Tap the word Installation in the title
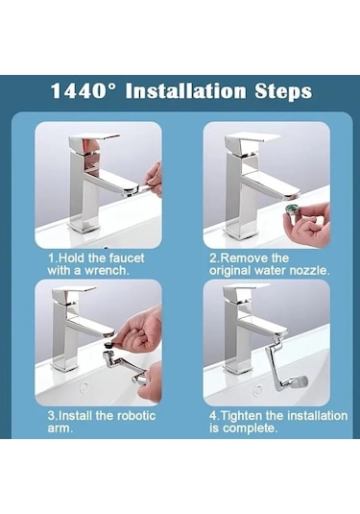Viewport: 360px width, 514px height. (185, 91)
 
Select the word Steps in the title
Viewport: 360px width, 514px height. (283, 92)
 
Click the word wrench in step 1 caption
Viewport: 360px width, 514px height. (107, 271)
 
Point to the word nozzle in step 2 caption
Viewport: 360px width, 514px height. (309, 271)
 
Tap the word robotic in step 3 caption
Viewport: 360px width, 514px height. (136, 416)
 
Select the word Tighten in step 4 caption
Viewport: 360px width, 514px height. (241, 416)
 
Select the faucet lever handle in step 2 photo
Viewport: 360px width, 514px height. (252, 137)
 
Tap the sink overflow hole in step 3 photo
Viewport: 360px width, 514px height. (84, 386)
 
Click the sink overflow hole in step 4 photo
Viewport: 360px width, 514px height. (258, 390)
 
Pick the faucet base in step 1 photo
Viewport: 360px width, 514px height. (84, 226)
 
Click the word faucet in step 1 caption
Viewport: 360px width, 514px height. (127, 258)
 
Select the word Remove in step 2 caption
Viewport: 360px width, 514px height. (239, 258)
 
